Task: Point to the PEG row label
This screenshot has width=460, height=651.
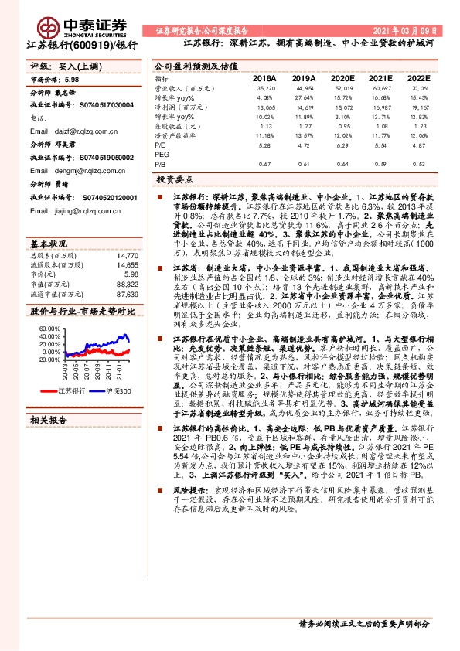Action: click(162, 155)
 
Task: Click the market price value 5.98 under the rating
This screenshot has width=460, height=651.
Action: click(72, 80)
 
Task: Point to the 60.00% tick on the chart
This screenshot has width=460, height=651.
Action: click(49, 328)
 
